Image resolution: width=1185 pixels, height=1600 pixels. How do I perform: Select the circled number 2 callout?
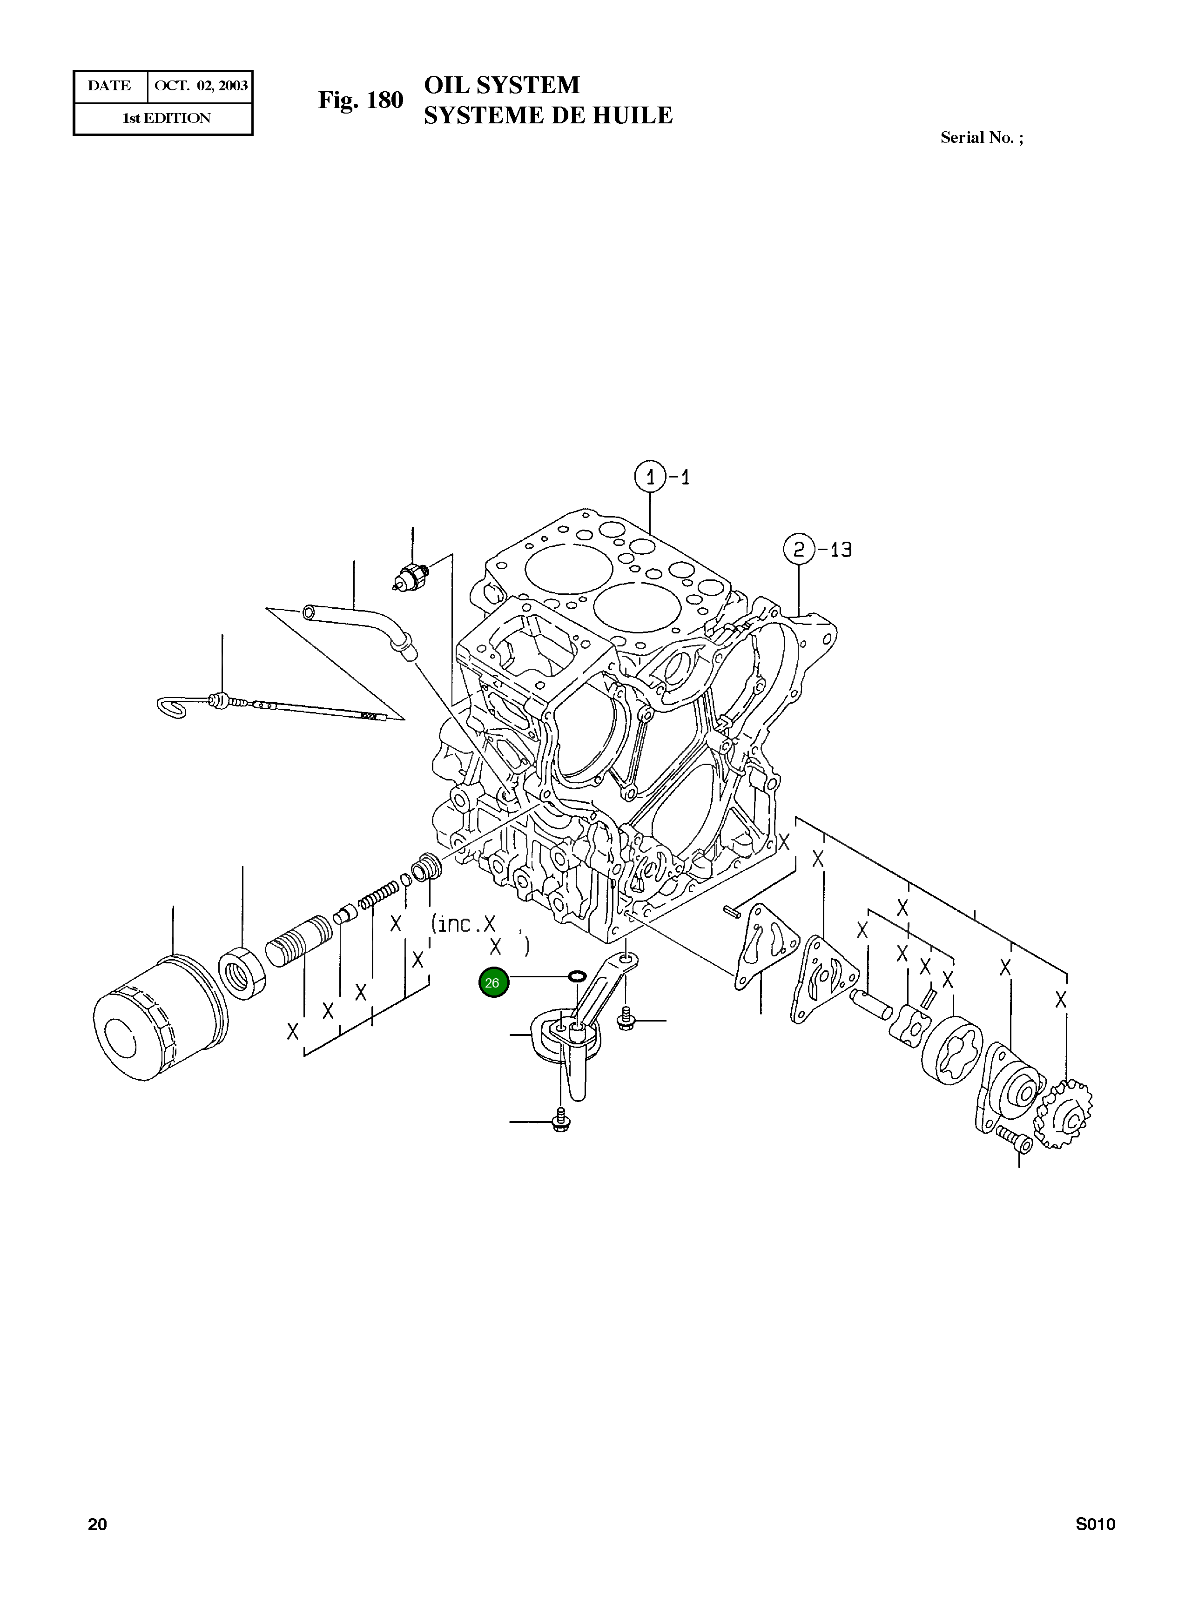[798, 550]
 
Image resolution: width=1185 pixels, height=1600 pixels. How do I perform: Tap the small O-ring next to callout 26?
[577, 975]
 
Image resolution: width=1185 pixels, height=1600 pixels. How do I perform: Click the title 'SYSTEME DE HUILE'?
[548, 115]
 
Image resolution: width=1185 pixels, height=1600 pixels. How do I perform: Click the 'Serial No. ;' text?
[981, 138]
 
